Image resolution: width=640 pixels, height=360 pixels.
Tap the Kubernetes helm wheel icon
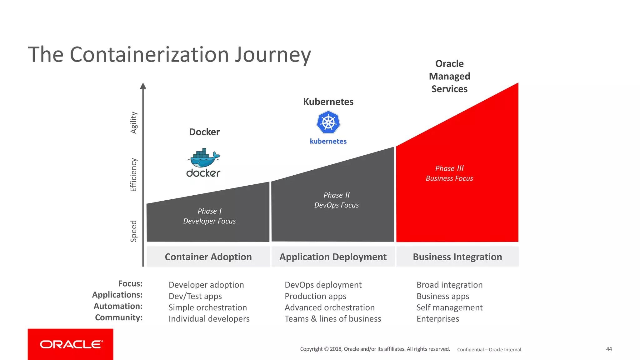click(x=328, y=122)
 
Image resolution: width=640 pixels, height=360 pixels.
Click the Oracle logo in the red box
click(x=71, y=344)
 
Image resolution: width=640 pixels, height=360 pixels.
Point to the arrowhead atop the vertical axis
click(x=143, y=86)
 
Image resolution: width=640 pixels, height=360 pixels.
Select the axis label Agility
click(x=134, y=123)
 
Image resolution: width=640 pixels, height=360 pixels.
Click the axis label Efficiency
click(x=134, y=175)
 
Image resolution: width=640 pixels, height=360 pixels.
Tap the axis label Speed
click(x=134, y=231)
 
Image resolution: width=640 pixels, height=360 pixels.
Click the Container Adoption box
click(x=208, y=257)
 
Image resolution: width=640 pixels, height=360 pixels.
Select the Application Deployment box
click(x=333, y=257)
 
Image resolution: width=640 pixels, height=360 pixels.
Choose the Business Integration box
click(x=457, y=257)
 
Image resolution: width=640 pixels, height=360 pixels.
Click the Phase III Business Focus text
click(x=449, y=173)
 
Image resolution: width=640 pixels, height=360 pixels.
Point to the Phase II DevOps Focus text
click(x=337, y=200)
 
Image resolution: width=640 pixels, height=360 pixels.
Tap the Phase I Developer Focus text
click(x=209, y=216)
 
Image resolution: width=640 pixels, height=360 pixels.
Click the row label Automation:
click(x=118, y=306)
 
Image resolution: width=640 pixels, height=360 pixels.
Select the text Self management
click(x=449, y=307)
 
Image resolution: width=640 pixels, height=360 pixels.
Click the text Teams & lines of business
click(x=333, y=319)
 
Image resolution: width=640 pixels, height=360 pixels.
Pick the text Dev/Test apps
click(x=195, y=296)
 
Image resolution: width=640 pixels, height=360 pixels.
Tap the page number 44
click(x=609, y=349)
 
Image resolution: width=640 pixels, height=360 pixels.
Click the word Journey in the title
click(x=273, y=55)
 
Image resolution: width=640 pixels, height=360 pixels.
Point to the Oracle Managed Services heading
click(x=449, y=76)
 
